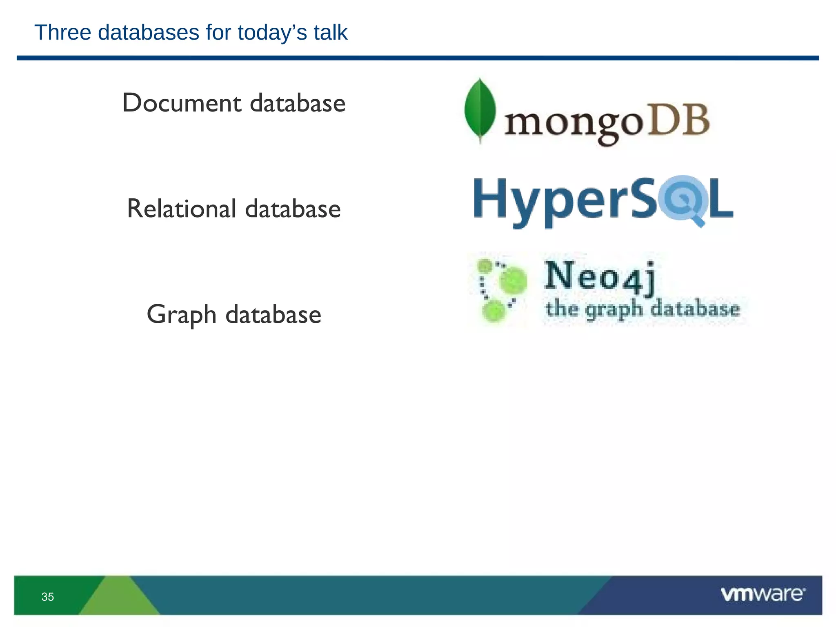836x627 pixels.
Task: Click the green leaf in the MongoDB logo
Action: click(x=480, y=109)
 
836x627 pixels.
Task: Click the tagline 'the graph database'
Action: click(x=643, y=309)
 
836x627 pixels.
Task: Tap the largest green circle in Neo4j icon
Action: click(x=513, y=281)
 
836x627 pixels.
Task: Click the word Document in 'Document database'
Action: click(x=182, y=103)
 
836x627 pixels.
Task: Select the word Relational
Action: click(x=182, y=209)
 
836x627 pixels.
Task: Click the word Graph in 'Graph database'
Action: click(x=182, y=315)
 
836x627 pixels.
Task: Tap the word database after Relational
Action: click(x=293, y=209)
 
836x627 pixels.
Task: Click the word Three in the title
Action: click(x=62, y=32)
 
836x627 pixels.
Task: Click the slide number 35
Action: click(x=48, y=597)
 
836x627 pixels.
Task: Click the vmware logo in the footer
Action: click(x=763, y=594)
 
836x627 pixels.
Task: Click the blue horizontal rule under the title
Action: click(x=418, y=58)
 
